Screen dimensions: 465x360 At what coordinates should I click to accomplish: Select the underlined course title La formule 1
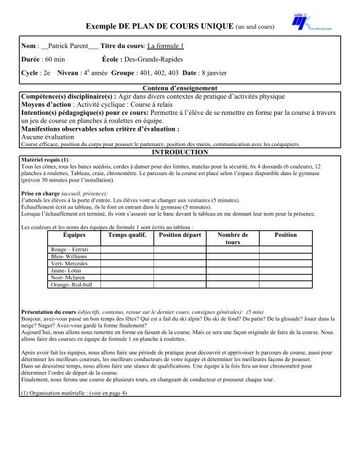163,46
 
